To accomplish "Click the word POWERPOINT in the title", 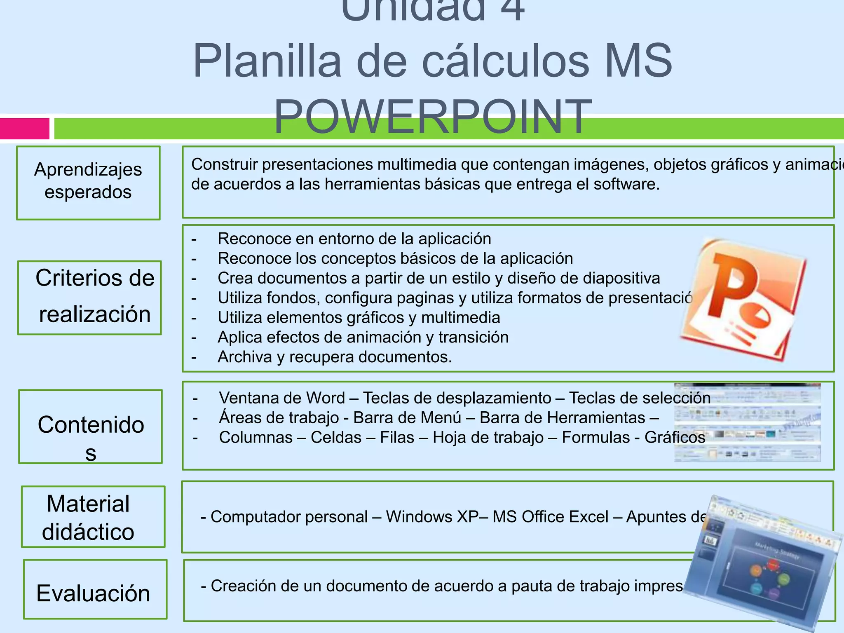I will [x=433, y=117].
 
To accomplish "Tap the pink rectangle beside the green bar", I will [x=25, y=129].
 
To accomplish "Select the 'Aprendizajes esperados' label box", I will [x=88, y=183].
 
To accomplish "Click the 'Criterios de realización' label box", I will [x=90, y=297].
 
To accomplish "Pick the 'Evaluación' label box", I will [x=95, y=589].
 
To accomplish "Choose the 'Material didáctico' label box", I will [x=93, y=517].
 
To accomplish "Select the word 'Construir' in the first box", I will [x=224, y=164].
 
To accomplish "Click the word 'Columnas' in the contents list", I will [x=256, y=437].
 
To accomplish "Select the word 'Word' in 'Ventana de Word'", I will [x=328, y=398].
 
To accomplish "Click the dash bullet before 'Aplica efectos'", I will [x=194, y=338].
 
